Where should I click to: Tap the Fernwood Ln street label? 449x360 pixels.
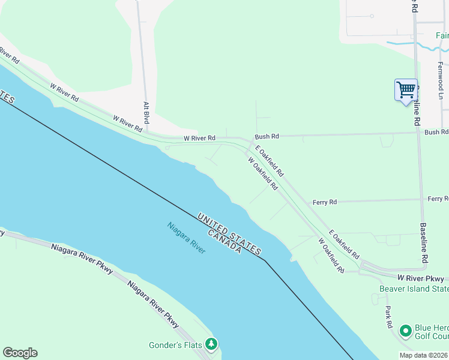(x=440, y=80)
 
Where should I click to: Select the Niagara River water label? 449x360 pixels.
(x=186, y=238)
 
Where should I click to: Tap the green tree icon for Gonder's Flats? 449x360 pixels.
(x=211, y=344)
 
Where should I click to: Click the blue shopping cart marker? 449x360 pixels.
(x=406, y=90)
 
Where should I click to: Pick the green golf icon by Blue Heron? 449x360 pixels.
(x=406, y=330)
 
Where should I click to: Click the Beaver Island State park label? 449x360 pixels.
(x=414, y=289)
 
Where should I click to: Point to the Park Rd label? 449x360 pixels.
(x=389, y=317)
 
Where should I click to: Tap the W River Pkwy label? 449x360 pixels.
(x=421, y=278)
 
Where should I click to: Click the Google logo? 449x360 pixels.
(x=20, y=353)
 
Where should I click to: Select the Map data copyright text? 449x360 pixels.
(x=424, y=355)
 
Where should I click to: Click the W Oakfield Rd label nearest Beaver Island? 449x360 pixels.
(x=331, y=256)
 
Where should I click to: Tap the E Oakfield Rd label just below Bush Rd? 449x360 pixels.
(x=270, y=160)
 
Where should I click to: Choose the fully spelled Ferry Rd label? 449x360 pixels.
(x=325, y=203)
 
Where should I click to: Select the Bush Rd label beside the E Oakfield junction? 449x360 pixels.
(x=267, y=137)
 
